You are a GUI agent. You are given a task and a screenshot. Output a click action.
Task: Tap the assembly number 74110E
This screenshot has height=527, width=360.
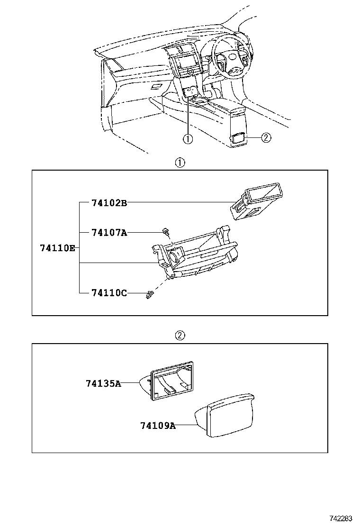pos(57,248)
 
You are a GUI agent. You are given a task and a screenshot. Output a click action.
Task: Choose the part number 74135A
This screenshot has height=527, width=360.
pos(103,383)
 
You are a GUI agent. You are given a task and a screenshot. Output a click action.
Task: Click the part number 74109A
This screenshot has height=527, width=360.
pos(158,426)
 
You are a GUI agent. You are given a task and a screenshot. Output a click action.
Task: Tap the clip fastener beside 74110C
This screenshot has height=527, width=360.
pos(150,295)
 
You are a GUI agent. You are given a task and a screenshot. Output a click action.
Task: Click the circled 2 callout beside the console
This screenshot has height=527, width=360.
pos(266,138)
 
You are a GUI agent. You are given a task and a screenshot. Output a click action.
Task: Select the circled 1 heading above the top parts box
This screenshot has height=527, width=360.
pos(180,163)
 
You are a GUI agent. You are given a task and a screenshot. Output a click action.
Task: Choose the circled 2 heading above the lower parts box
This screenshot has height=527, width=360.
pos(180,336)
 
